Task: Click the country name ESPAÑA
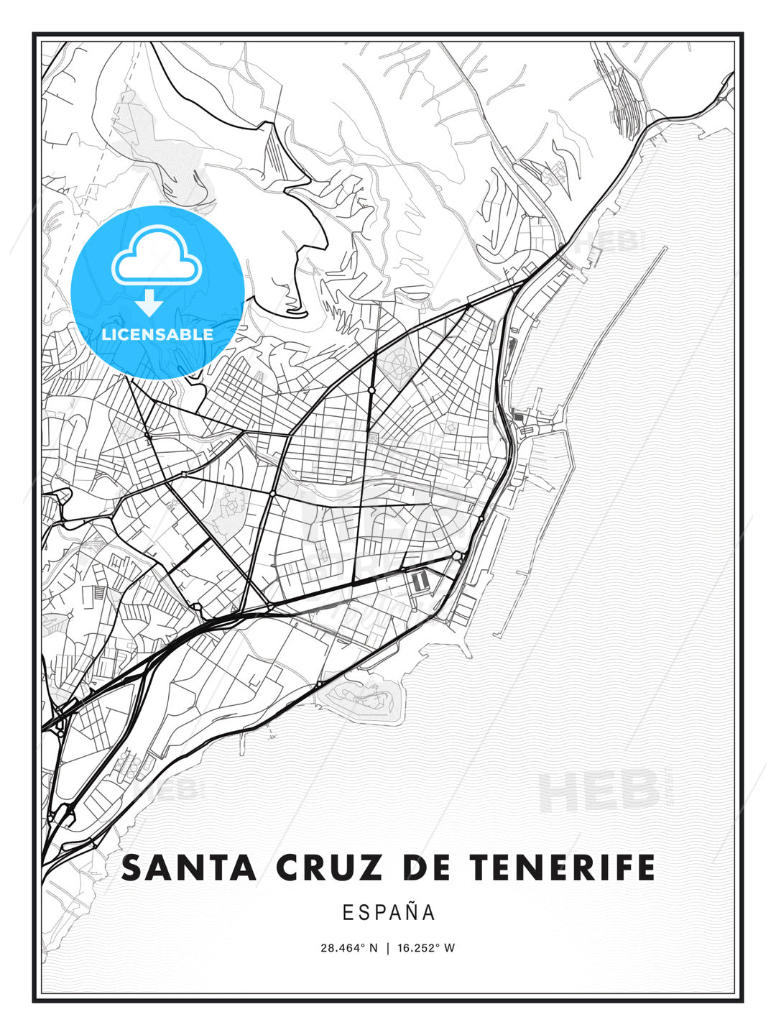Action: (388, 912)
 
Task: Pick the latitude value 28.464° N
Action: (348, 947)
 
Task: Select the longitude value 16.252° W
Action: (426, 947)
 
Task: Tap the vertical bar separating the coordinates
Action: (388, 947)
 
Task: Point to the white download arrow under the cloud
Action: (149, 303)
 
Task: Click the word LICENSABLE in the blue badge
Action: (157, 334)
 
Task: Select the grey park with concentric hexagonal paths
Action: (397, 367)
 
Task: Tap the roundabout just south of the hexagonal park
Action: (371, 390)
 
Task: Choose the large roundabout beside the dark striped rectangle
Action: (458, 556)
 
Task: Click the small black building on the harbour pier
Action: (519, 417)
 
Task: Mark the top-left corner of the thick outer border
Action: (34, 34)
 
